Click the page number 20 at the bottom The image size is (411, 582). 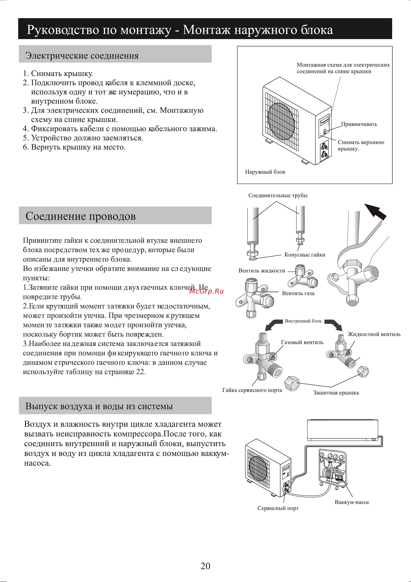pyautogui.click(x=205, y=566)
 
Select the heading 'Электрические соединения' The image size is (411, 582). pyautogui.click(x=82, y=56)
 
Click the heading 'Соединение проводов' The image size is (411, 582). pyautogui.click(x=81, y=216)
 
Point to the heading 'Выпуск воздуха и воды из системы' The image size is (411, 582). pyautogui.click(x=99, y=406)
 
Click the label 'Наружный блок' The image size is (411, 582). pyautogui.click(x=265, y=172)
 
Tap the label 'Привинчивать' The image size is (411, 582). pyautogui.click(x=359, y=124)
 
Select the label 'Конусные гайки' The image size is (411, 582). pyautogui.click(x=305, y=255)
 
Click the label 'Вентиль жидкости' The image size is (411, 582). pyautogui.click(x=262, y=271)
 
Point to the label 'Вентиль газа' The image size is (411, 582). pyautogui.click(x=298, y=293)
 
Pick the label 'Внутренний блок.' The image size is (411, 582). pyautogui.click(x=304, y=321)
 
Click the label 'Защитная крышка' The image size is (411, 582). pyautogui.click(x=336, y=393)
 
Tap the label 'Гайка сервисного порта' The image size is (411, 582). pyautogui.click(x=252, y=390)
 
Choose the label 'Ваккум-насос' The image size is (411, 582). pyautogui.click(x=352, y=502)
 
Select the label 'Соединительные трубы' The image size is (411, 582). pyautogui.click(x=278, y=195)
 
